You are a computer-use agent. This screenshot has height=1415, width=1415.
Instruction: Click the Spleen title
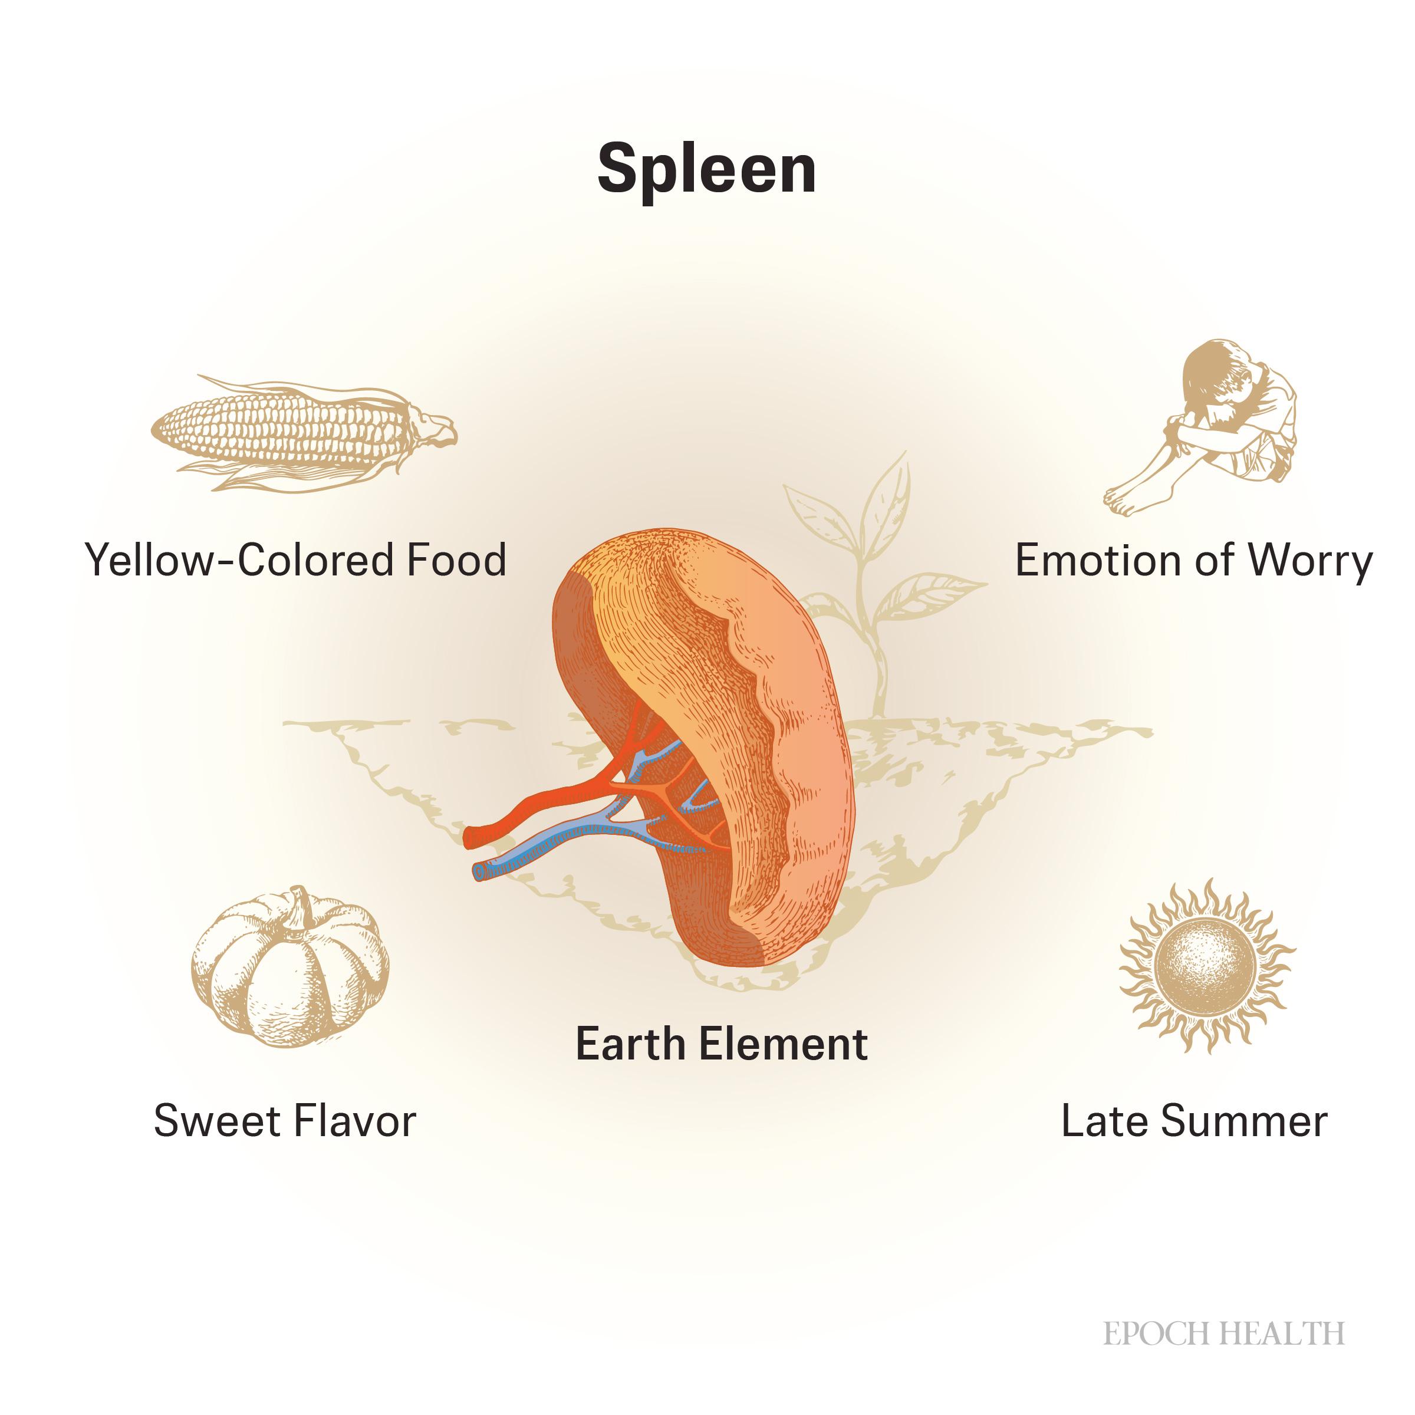pos(707,170)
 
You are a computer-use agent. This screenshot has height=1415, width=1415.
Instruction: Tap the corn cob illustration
pos(303,432)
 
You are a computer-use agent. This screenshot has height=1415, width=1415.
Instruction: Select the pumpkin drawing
pos(290,966)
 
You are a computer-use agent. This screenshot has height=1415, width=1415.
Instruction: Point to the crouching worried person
pos(1201,427)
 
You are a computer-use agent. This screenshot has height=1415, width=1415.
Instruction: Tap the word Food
pos(456,560)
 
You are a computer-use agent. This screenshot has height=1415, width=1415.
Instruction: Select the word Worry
pos(1310,562)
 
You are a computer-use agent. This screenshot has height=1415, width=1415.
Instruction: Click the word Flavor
pos(354,1121)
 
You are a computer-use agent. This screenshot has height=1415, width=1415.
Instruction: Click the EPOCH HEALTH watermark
pos(1224,1334)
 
